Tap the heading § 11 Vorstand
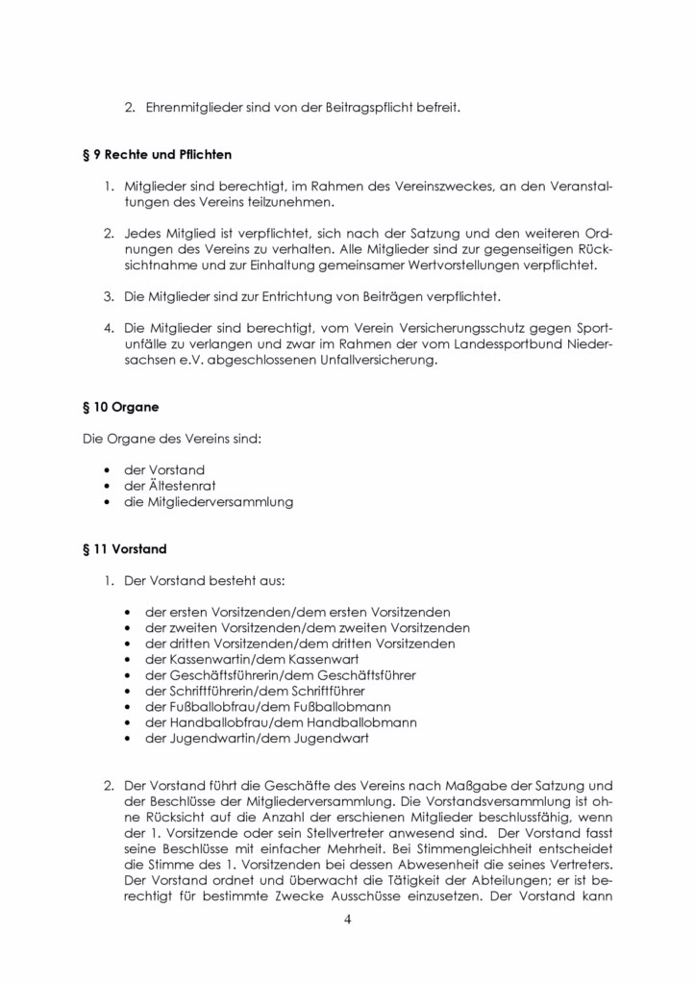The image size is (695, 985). point(124,549)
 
